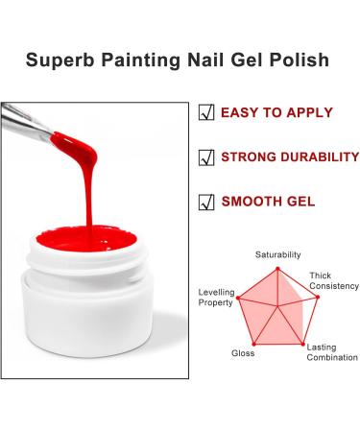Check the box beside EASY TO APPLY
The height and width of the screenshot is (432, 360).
tap(206, 112)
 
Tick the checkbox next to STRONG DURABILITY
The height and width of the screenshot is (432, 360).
tap(206, 156)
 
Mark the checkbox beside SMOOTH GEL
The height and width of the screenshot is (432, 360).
tap(206, 202)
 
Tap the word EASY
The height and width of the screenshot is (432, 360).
tap(243, 112)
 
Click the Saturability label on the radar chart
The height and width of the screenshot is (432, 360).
tap(277, 254)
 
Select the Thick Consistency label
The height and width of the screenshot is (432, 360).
tap(327, 282)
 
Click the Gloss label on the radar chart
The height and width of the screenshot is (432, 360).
tap(243, 353)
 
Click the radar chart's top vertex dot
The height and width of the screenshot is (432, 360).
tap(278, 268)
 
